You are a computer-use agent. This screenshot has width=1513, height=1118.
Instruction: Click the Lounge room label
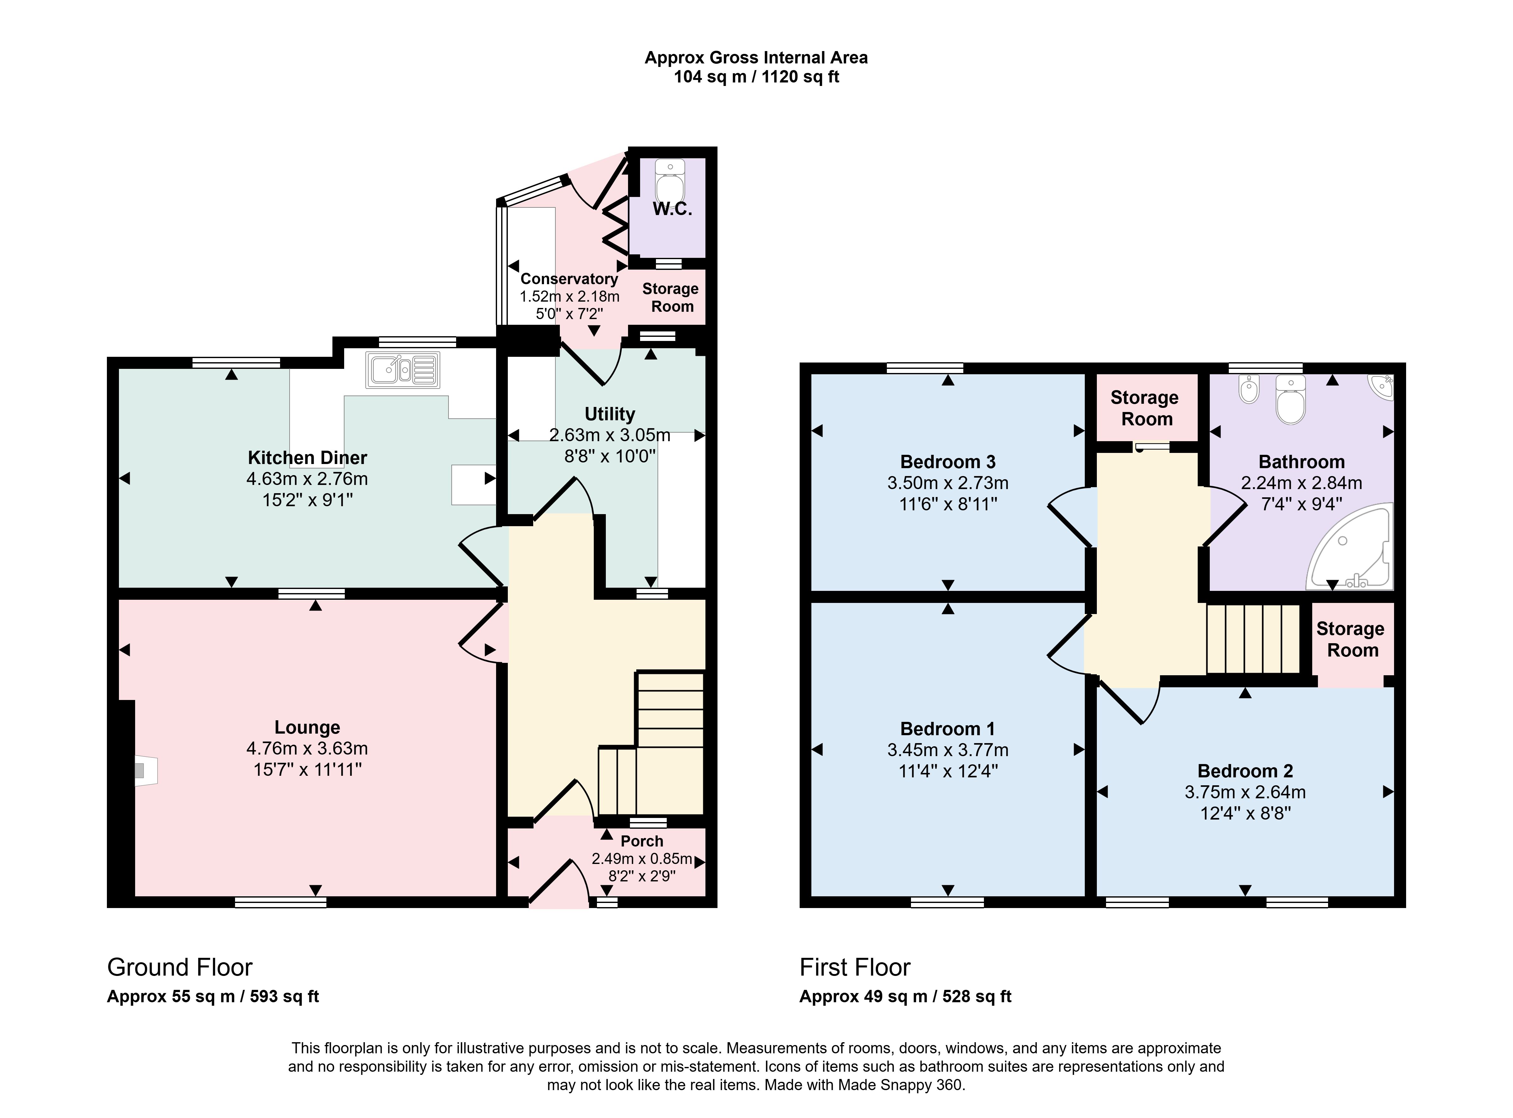pyautogui.click(x=307, y=728)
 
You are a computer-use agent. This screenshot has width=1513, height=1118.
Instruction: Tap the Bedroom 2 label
pyautogui.click(x=1245, y=771)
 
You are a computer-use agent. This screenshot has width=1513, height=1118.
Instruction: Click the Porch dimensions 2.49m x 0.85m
pyautogui.click(x=641, y=859)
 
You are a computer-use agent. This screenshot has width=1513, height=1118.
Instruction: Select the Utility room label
pyautogui.click(x=610, y=414)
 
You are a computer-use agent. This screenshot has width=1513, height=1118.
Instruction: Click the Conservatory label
pyautogui.click(x=569, y=279)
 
